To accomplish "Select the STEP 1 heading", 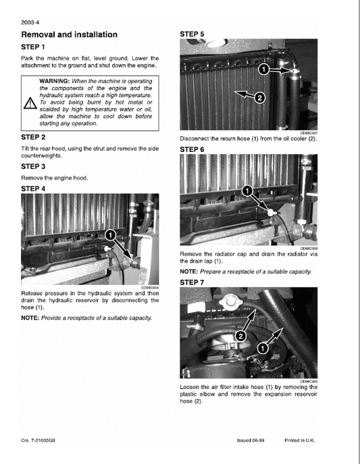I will [x=33, y=47].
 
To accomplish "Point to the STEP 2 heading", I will [x=33, y=137].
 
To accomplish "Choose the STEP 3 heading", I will [x=33, y=166].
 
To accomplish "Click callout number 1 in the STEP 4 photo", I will [x=107, y=234].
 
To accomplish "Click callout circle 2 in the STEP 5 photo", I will [x=258, y=98].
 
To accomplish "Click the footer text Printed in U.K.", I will [x=301, y=440].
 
